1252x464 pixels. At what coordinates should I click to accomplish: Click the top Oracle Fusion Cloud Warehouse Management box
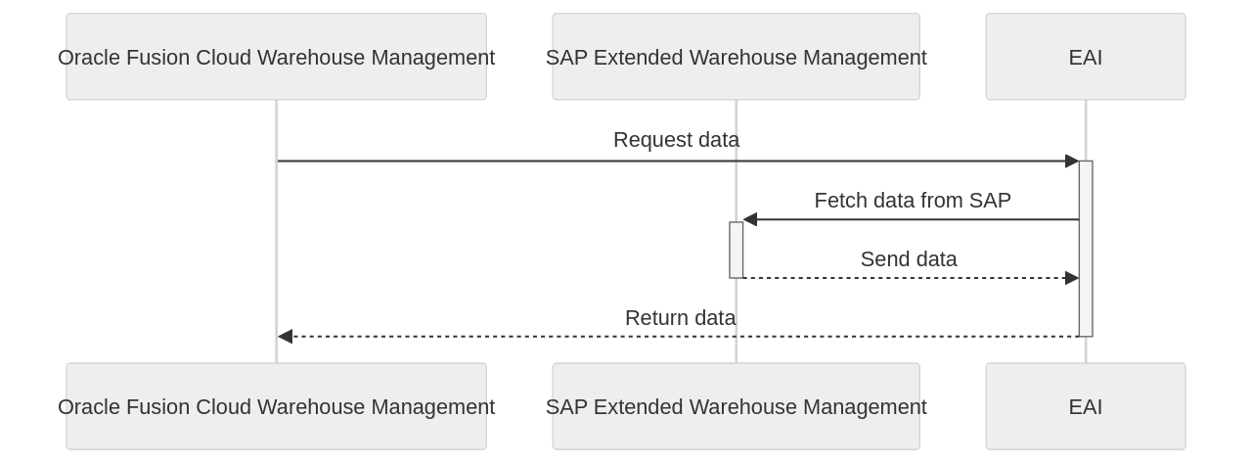pos(276,57)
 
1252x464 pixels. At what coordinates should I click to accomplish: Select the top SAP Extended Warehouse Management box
pos(736,57)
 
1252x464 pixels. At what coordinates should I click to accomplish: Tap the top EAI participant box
pos(1085,57)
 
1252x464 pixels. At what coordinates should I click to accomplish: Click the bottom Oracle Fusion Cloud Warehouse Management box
pos(276,406)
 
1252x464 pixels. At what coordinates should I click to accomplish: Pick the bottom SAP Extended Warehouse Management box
pos(736,406)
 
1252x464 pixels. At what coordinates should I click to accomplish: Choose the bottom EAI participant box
pos(1085,406)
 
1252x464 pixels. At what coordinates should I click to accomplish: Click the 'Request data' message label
pos(676,140)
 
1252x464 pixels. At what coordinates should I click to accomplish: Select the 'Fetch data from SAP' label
pos(912,201)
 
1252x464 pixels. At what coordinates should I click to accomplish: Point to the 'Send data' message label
pos(908,259)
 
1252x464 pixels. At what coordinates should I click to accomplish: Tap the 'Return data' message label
pos(680,318)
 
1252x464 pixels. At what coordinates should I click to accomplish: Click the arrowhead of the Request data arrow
pos(1072,161)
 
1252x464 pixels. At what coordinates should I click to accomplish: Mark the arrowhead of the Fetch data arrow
pos(750,219)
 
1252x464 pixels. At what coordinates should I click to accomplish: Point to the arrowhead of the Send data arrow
pos(1072,278)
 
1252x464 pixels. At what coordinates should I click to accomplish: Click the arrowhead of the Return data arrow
pos(285,337)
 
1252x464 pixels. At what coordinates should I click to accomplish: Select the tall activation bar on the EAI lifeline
pos(1086,249)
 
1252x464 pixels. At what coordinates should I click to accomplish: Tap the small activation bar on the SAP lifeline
pos(736,250)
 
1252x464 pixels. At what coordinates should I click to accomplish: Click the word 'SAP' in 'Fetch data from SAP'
pos(990,201)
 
